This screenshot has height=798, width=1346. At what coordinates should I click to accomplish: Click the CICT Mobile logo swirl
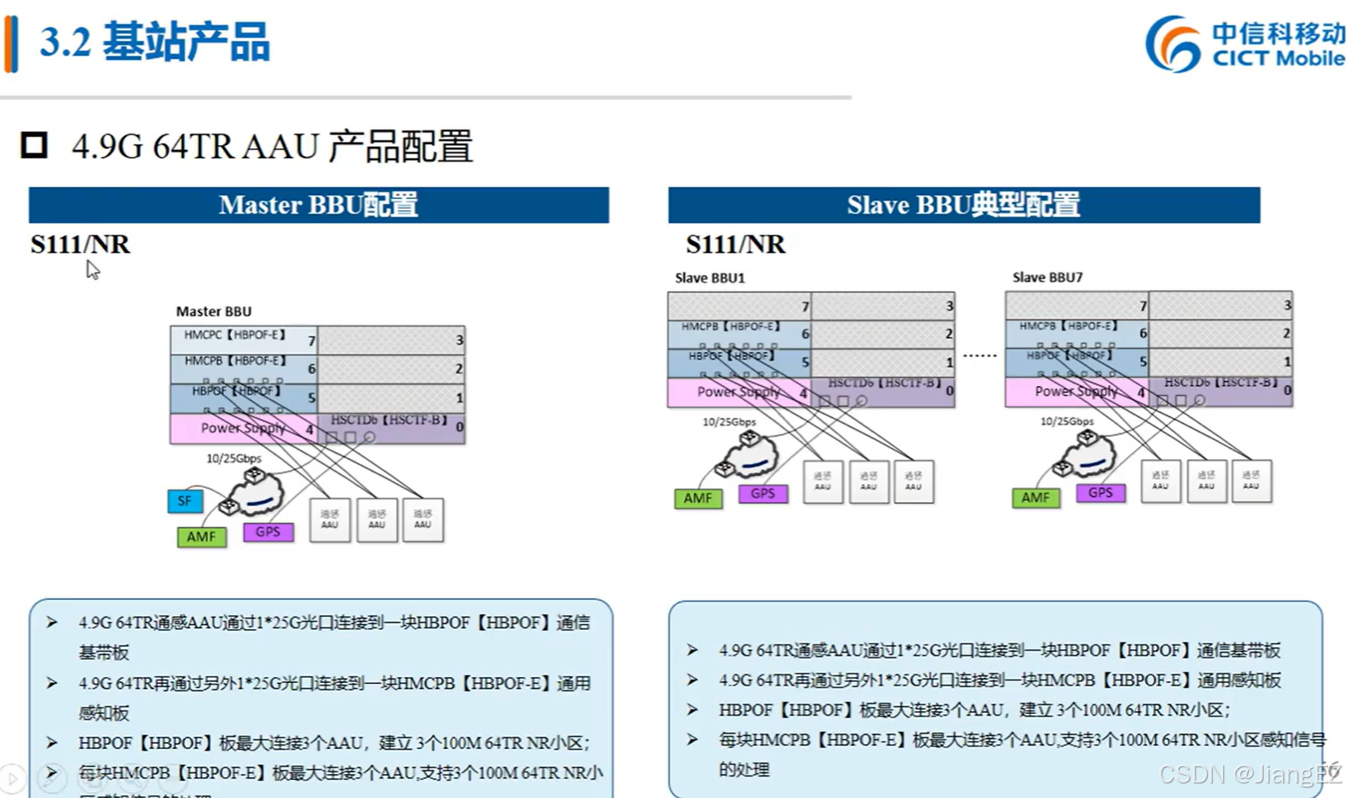click(1173, 44)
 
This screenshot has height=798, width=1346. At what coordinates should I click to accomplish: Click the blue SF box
click(185, 501)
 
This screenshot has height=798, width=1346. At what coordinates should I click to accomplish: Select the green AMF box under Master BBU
click(201, 537)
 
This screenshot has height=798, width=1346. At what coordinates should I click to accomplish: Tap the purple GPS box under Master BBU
click(268, 532)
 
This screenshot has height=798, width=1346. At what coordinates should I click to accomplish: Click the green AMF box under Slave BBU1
click(698, 499)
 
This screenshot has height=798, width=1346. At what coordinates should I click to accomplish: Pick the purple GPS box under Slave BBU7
click(1100, 493)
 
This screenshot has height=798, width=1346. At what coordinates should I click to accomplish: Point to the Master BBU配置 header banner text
click(318, 205)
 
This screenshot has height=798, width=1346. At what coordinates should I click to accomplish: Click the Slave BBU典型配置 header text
click(963, 205)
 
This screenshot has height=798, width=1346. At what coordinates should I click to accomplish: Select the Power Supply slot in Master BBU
click(243, 428)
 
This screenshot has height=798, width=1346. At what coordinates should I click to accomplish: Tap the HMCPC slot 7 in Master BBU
click(243, 337)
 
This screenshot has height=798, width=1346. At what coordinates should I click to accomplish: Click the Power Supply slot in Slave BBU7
click(1076, 391)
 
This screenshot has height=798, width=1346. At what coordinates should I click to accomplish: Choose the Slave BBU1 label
click(710, 278)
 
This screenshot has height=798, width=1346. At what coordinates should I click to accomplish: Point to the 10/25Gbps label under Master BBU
click(233, 458)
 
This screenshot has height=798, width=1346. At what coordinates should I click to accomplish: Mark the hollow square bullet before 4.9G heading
click(34, 145)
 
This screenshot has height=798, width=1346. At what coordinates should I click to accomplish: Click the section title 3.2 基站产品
click(155, 42)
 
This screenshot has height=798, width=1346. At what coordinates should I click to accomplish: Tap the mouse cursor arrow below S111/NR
click(92, 269)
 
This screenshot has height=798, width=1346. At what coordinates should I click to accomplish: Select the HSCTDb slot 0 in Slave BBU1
click(883, 390)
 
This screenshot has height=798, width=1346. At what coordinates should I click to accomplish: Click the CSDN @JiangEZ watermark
click(1249, 774)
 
